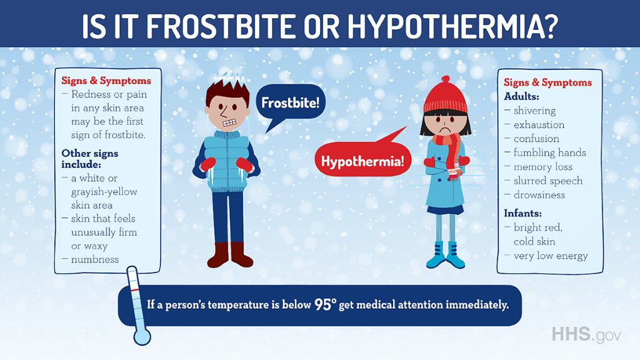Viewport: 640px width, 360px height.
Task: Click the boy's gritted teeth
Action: (x=229, y=122)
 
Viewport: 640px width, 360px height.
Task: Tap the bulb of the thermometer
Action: (x=142, y=337)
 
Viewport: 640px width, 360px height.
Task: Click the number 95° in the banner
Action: (x=325, y=304)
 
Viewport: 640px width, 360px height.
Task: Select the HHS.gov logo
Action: (x=586, y=334)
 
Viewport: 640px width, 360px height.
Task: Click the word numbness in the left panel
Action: (x=95, y=259)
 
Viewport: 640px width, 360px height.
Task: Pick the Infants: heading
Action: (x=522, y=213)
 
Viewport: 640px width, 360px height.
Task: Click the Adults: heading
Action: (x=521, y=96)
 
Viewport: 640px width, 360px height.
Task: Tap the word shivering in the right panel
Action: (x=534, y=111)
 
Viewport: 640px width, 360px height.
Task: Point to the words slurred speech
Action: (x=547, y=181)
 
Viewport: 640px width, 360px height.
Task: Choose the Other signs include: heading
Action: (x=90, y=159)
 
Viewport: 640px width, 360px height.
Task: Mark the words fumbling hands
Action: (x=549, y=152)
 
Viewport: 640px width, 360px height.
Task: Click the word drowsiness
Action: (x=539, y=195)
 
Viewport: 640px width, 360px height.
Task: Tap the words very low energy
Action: (x=551, y=256)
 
